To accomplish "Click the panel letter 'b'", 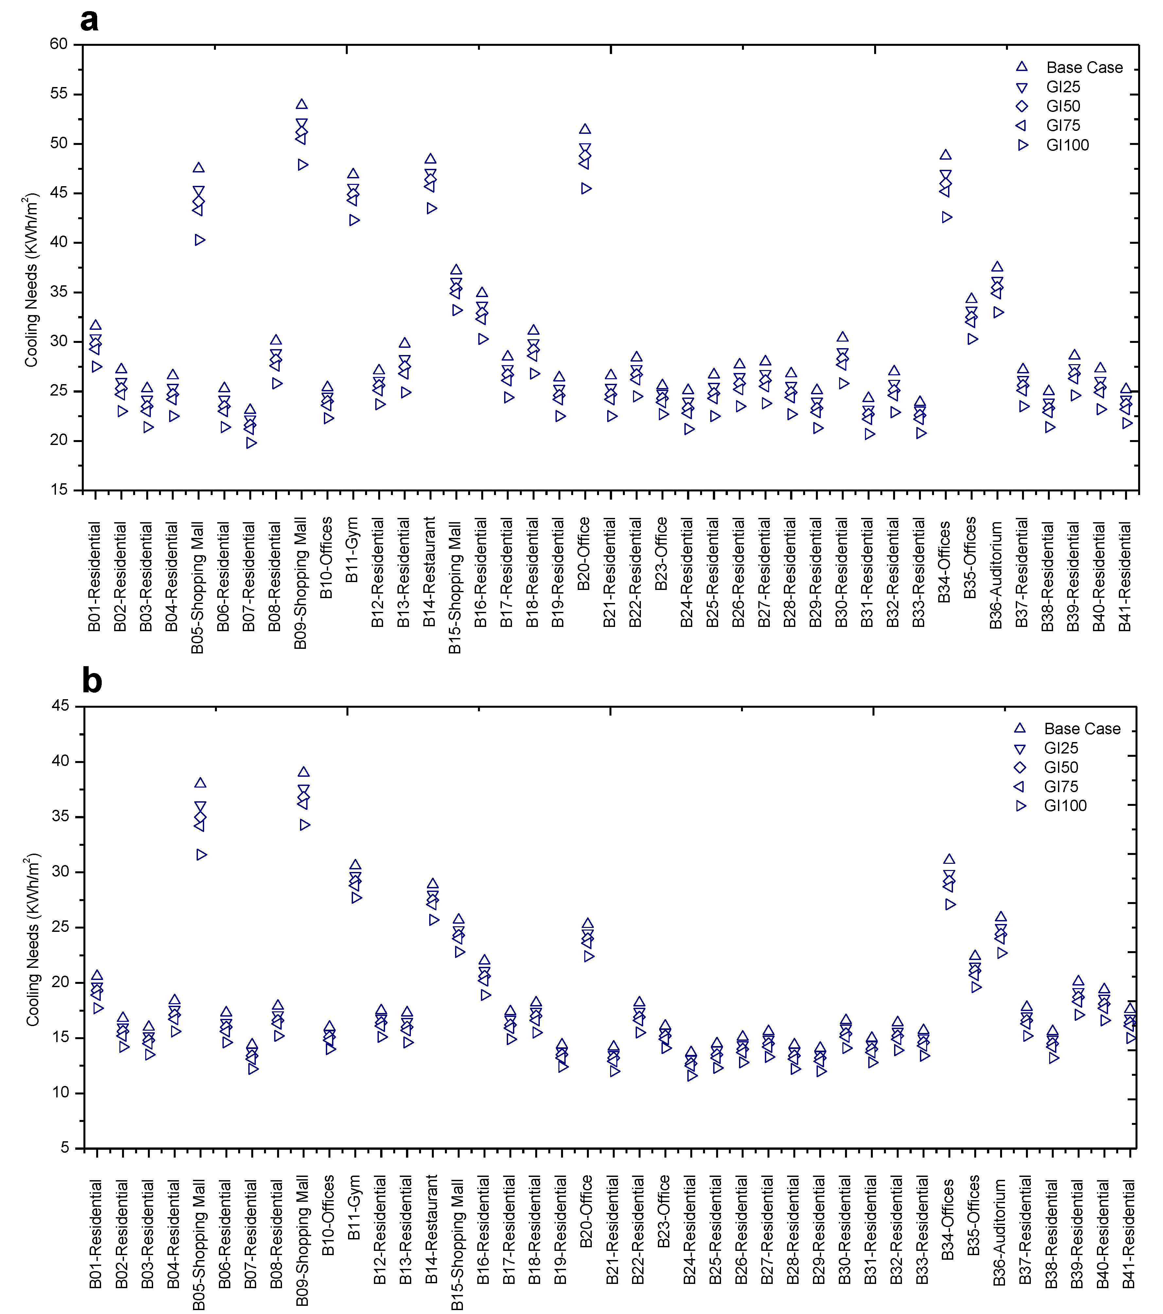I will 92,681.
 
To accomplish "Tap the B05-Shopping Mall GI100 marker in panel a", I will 200,240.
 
